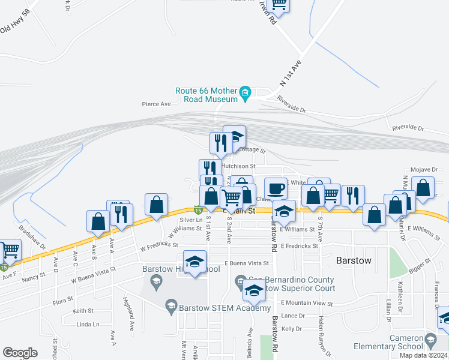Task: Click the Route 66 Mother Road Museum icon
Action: [x=245, y=92]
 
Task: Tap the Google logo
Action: [x=20, y=353]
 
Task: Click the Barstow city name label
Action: [x=354, y=261]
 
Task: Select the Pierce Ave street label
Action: [x=157, y=104]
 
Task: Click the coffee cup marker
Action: [x=276, y=189]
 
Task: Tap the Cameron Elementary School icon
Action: [x=430, y=343]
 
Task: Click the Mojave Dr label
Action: [x=420, y=170]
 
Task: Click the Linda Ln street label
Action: [x=88, y=324]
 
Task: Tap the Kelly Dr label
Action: [x=291, y=328]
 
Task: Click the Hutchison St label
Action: [x=239, y=166]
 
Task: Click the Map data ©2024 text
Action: [x=423, y=355]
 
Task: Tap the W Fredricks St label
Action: [x=159, y=245]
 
